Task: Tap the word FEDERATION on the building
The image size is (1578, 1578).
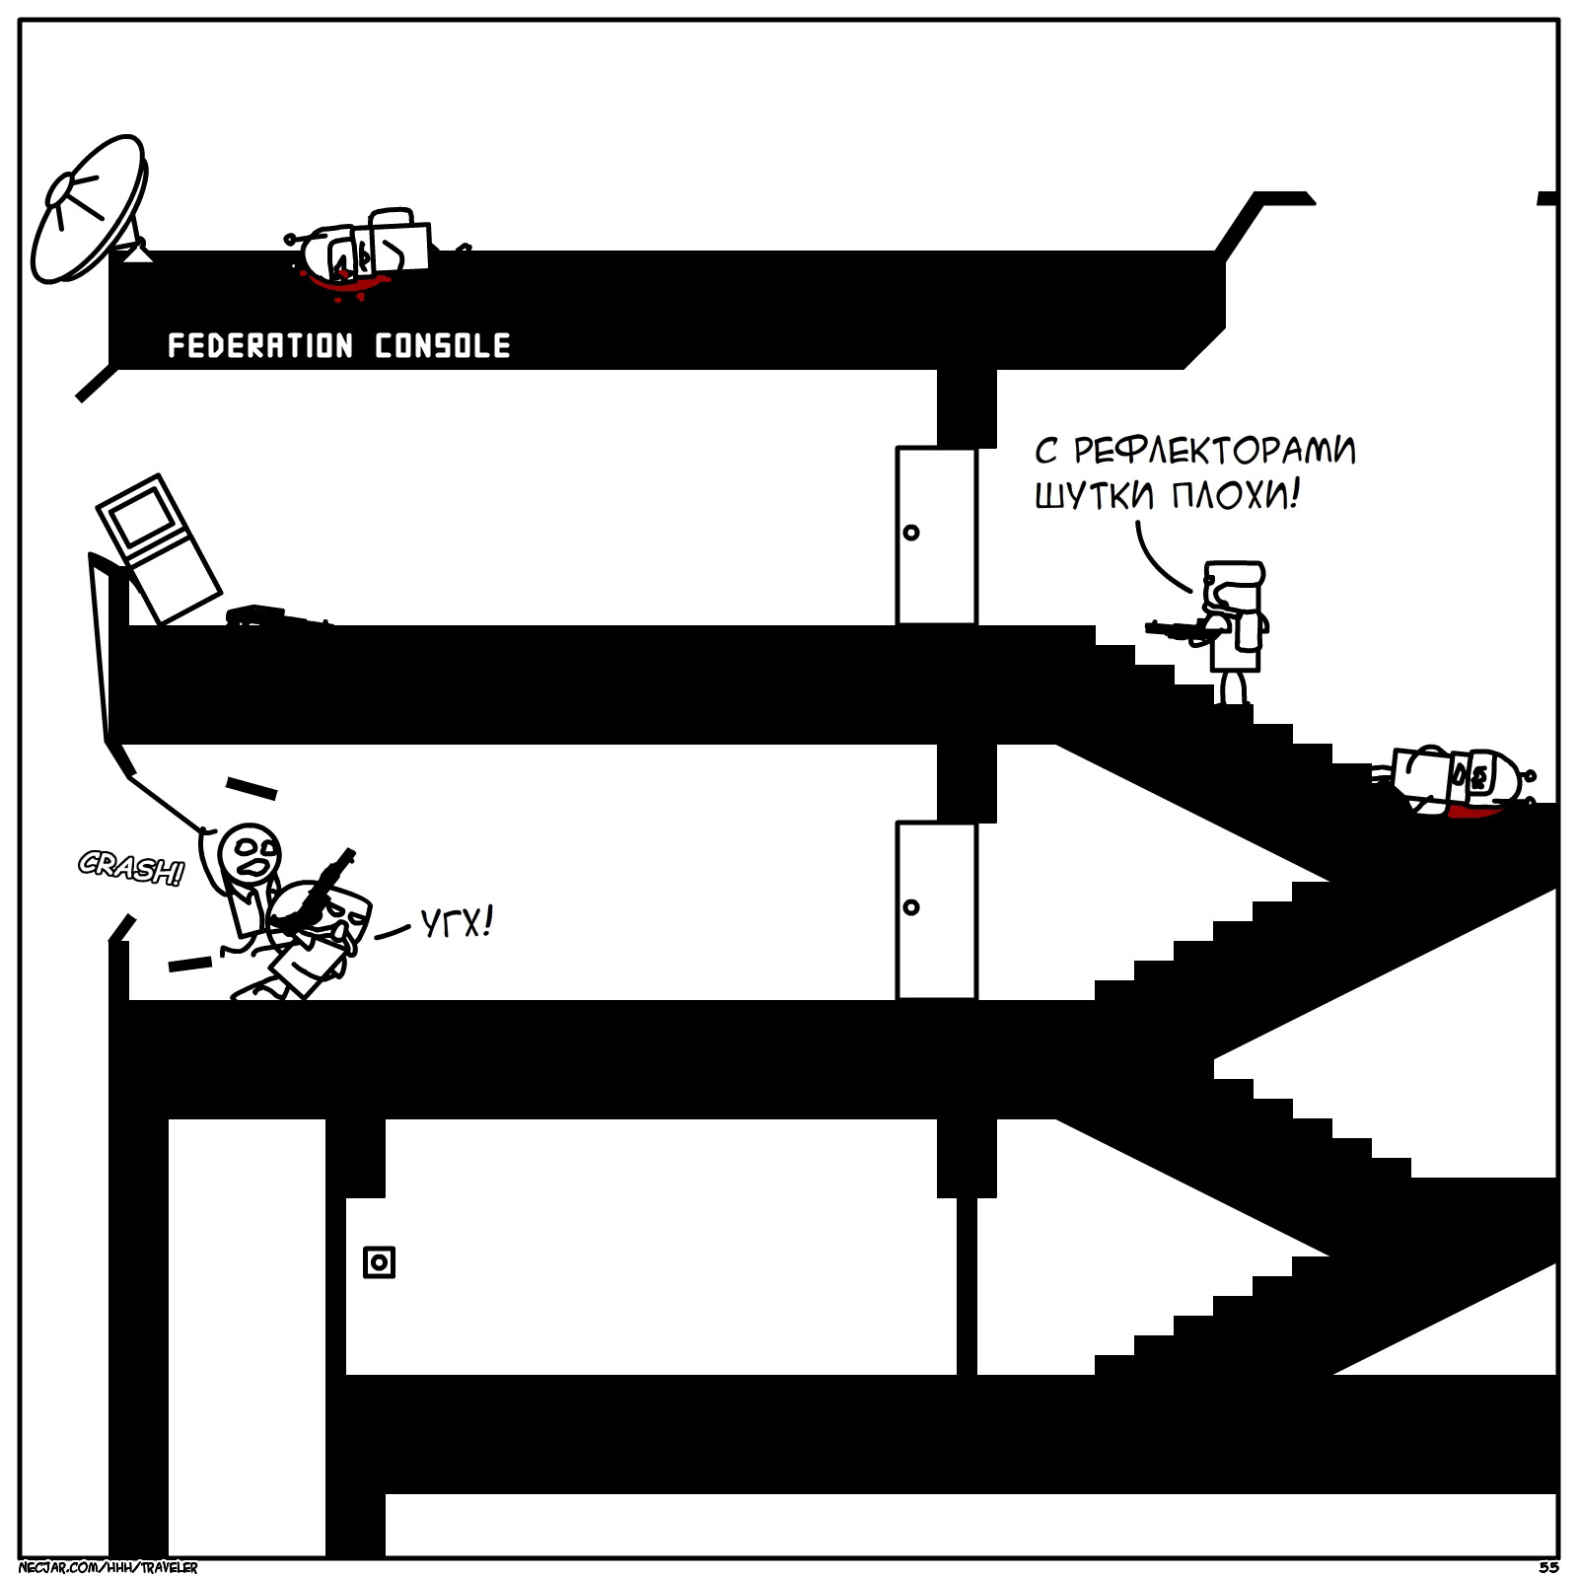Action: click(259, 346)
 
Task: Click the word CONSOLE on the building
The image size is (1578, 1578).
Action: click(443, 346)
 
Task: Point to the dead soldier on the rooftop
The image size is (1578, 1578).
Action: click(370, 251)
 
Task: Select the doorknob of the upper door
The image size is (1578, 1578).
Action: click(911, 533)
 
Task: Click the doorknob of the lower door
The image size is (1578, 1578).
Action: click(911, 907)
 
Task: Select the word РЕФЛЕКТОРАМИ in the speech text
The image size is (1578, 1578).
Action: click(1214, 452)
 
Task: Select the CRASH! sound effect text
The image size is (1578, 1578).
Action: click(131, 869)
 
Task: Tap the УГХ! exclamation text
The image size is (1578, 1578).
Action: click(455, 924)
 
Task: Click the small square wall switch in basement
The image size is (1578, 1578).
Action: click(379, 1262)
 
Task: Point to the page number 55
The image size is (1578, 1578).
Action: click(1546, 1567)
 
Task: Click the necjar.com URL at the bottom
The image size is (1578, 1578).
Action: click(108, 1567)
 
